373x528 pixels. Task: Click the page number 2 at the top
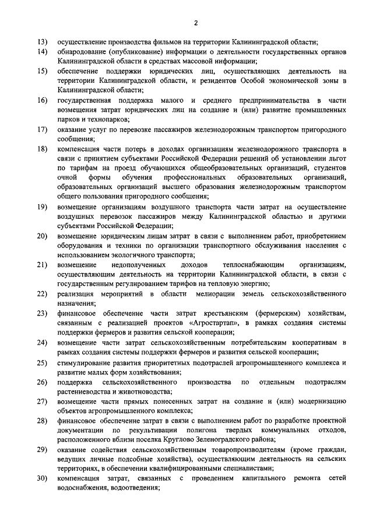pyautogui.click(x=196, y=23)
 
